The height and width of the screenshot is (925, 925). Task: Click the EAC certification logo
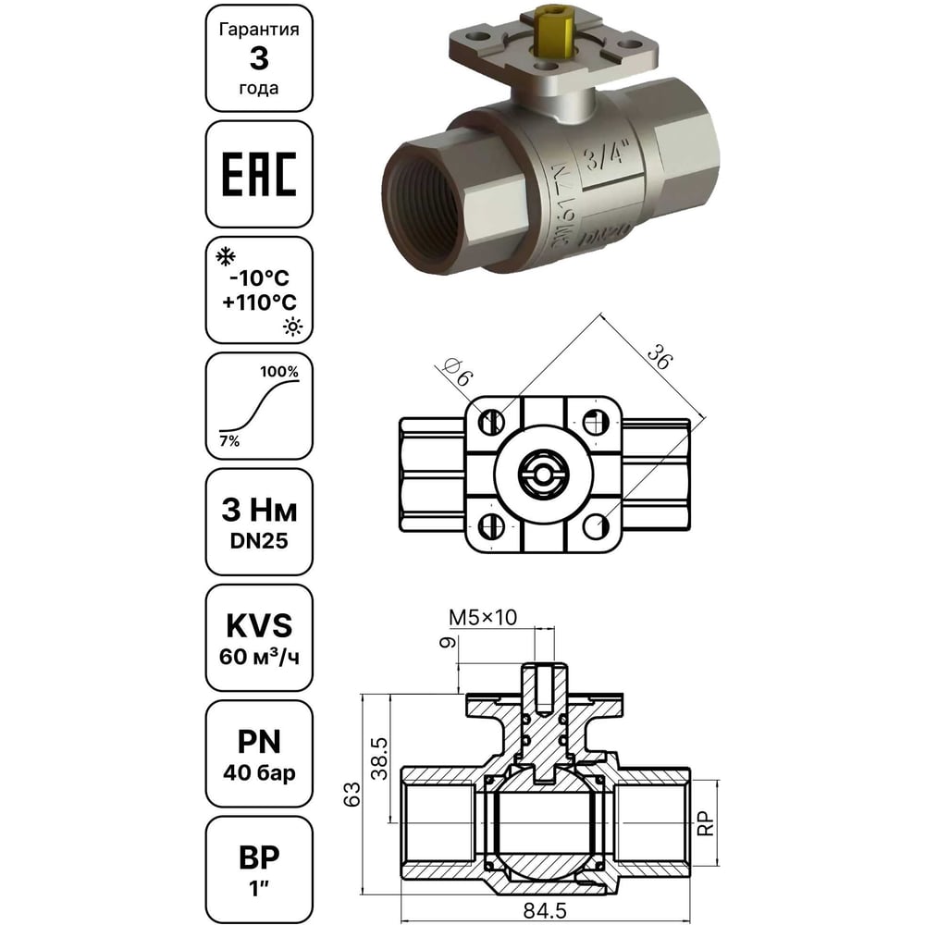click(x=259, y=174)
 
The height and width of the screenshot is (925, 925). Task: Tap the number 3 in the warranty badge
click(x=259, y=58)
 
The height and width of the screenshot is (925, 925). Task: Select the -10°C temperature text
click(x=260, y=277)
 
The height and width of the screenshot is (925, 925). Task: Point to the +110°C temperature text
click(x=259, y=302)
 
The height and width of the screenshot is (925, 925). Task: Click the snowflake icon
click(x=226, y=256)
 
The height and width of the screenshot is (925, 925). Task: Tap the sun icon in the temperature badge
click(x=292, y=327)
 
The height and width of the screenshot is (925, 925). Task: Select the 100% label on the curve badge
click(x=279, y=372)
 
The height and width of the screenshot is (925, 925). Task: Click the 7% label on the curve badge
click(x=229, y=440)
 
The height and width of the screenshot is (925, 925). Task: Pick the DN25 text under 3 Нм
click(x=259, y=541)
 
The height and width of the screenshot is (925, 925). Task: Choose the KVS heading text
click(x=259, y=626)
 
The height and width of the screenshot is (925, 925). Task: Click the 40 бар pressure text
click(x=259, y=772)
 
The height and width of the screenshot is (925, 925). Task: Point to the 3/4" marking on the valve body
click(x=607, y=155)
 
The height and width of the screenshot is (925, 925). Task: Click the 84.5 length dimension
click(x=545, y=910)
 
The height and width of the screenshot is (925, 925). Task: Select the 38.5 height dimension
click(x=380, y=758)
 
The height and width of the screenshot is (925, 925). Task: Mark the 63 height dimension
click(x=351, y=794)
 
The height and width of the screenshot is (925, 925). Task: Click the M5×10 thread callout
click(x=483, y=618)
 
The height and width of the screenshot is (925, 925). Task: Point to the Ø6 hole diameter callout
click(x=458, y=372)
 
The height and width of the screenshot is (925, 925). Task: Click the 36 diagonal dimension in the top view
click(x=659, y=357)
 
